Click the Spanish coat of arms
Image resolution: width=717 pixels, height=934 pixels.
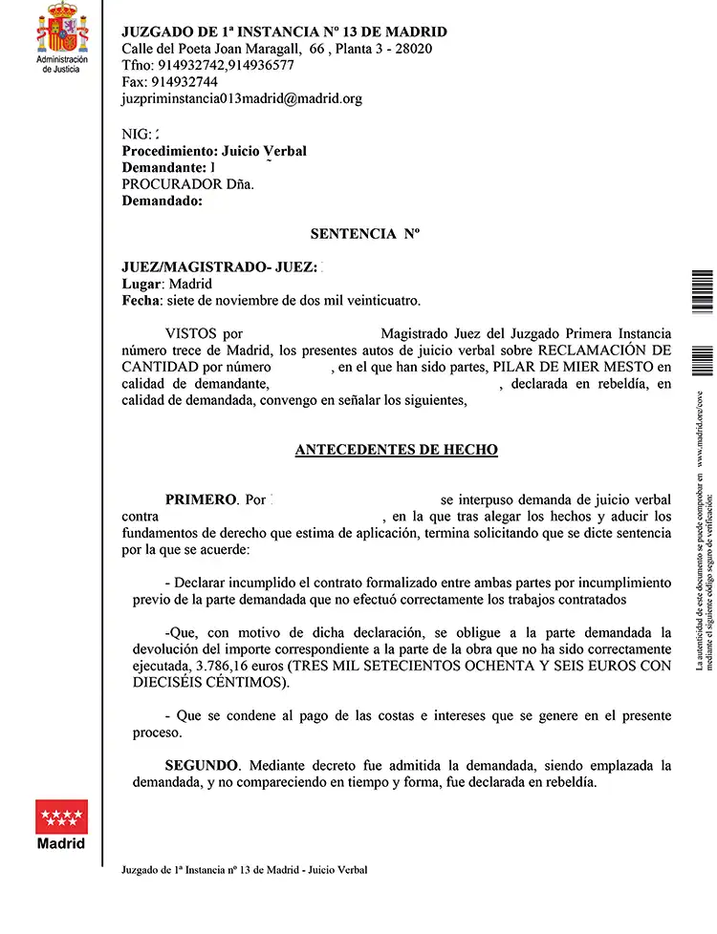[61, 29]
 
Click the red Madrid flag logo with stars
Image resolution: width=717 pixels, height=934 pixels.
[61, 817]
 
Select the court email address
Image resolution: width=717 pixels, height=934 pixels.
[242, 98]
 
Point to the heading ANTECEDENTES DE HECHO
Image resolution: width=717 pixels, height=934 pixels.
[396, 450]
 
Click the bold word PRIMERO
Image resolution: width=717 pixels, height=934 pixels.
[201, 499]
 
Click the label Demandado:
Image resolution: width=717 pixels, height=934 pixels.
[163, 202]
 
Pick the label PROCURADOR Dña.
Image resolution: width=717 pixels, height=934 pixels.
[188, 185]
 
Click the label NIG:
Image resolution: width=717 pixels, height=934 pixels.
[137, 135]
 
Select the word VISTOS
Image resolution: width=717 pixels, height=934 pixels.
[192, 334]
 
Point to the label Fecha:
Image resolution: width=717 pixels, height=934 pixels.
[141, 301]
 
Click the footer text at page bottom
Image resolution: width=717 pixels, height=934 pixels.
[245, 869]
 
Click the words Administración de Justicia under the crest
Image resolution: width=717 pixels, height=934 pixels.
[61, 64]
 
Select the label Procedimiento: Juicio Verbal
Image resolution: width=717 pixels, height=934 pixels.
[214, 151]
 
